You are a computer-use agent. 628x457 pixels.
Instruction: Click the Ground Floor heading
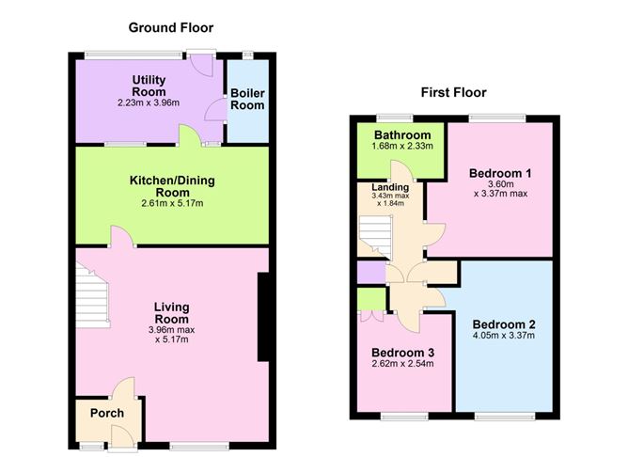(171, 27)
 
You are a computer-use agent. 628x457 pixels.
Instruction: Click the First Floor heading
(453, 92)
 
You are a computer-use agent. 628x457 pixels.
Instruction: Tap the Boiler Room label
(247, 100)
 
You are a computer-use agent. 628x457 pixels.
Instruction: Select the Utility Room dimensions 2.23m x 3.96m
(149, 102)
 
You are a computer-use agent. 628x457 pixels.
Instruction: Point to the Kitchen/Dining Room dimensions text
(172, 203)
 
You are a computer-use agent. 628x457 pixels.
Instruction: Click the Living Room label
(171, 313)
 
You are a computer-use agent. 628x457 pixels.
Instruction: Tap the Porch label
(107, 413)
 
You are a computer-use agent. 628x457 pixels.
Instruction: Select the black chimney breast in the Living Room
(263, 317)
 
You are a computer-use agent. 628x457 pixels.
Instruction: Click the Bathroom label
(402, 135)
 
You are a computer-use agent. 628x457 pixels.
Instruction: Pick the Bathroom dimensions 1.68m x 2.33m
(402, 146)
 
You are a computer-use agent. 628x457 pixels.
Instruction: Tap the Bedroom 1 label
(500, 173)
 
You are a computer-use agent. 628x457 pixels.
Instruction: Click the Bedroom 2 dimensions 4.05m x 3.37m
(504, 336)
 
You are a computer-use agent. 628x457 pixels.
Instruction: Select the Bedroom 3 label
(403, 353)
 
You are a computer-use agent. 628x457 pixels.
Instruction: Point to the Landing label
(390, 187)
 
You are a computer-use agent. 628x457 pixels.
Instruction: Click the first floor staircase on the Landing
(375, 237)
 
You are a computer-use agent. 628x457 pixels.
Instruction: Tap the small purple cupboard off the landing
(371, 273)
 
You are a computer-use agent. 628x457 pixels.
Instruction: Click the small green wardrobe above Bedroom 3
(371, 299)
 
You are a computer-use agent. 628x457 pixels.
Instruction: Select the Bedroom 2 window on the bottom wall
(505, 417)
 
